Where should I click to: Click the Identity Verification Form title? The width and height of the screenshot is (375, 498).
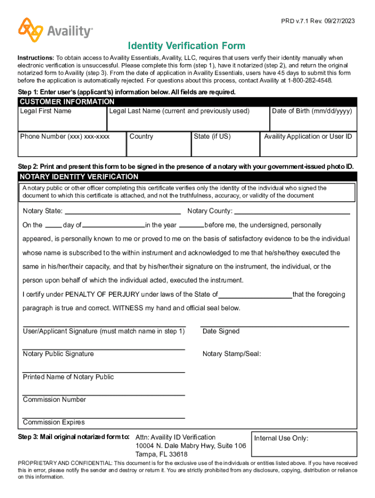(187, 46)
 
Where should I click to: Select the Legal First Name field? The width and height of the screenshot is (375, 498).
(62, 119)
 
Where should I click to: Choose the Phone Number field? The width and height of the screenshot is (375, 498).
(72, 144)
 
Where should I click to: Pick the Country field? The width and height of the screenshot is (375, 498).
(158, 144)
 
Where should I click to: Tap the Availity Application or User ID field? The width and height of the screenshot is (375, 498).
(308, 144)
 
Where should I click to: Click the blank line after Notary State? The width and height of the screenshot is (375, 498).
(123, 212)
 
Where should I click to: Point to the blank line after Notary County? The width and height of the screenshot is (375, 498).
(292, 212)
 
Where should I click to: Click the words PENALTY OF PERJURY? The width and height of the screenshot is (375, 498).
(103, 294)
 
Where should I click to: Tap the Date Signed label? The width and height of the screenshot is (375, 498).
(221, 331)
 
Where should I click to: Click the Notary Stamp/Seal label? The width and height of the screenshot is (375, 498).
(232, 354)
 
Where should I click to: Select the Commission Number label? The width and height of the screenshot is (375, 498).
(55, 400)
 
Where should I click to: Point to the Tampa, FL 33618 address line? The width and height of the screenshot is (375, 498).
(161, 454)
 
